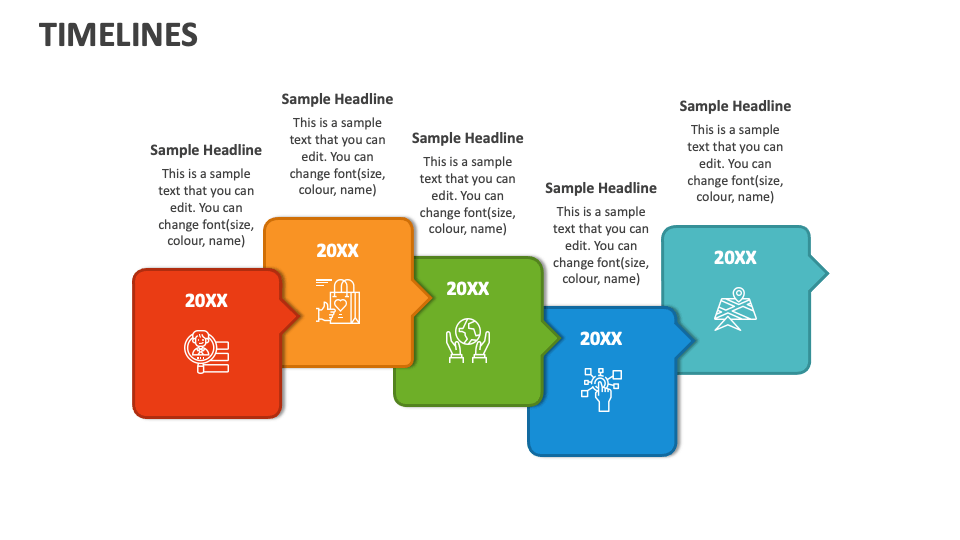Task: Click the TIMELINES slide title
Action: point(118,35)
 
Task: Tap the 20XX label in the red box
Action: point(206,300)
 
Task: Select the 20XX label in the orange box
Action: point(337,251)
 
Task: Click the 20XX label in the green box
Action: point(467,289)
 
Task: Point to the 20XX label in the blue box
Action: point(601,339)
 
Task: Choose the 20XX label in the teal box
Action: point(735,258)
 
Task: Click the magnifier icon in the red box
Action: point(205,350)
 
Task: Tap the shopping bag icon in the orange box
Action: point(338,300)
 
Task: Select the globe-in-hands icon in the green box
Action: point(467,339)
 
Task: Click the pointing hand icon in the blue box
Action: point(601,388)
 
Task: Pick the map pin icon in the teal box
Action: point(735,309)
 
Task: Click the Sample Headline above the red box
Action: point(206,150)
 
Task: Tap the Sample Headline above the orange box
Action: point(337,99)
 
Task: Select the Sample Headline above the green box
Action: point(467,138)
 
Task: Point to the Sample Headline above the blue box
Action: point(601,188)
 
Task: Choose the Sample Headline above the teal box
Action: point(735,106)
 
